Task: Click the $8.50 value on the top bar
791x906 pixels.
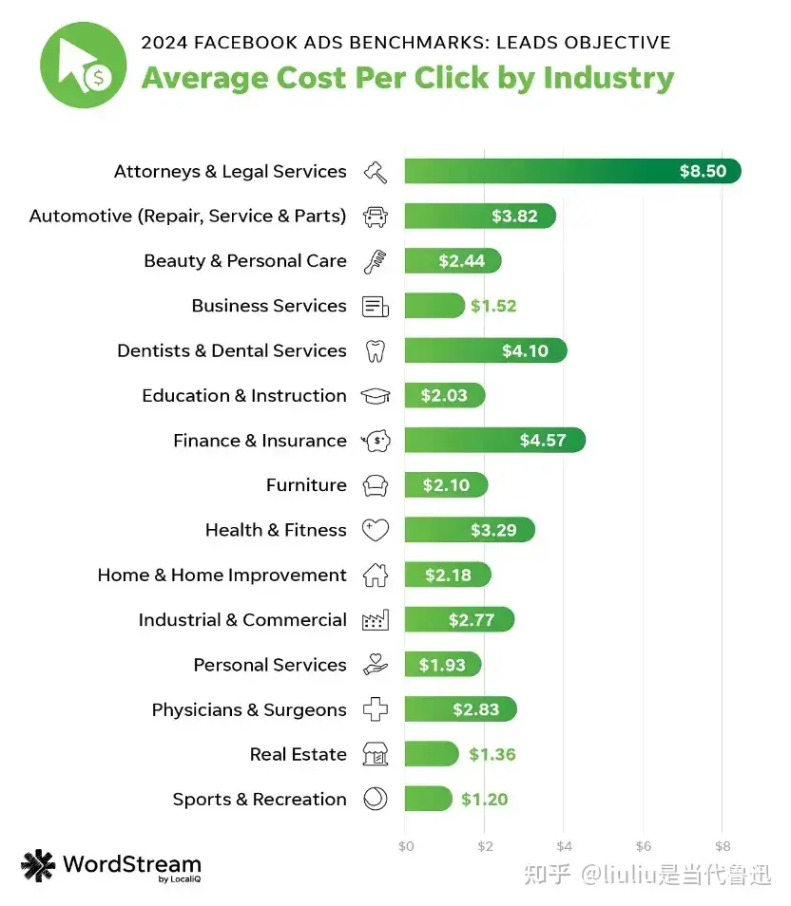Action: point(703,172)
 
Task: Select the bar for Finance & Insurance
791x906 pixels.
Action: point(494,441)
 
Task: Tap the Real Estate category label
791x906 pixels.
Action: point(298,755)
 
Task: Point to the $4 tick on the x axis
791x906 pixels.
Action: point(564,846)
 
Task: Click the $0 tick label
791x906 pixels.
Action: point(405,846)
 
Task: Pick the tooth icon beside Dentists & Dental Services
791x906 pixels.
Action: point(376,351)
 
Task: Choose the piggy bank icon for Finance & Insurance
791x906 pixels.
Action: point(376,441)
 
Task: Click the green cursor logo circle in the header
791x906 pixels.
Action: point(83,65)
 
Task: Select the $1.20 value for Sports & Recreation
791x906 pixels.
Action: point(485,800)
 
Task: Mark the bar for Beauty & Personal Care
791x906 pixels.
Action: point(452,261)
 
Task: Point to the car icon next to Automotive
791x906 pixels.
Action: point(376,217)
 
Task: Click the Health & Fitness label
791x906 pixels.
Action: point(276,530)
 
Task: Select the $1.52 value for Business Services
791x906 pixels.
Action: point(492,306)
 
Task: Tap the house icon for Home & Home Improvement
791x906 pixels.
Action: point(376,576)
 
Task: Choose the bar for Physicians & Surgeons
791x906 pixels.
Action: point(460,709)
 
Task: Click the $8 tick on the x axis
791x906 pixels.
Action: point(723,846)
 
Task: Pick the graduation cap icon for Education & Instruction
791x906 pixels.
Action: point(376,396)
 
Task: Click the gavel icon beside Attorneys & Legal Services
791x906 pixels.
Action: point(376,172)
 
